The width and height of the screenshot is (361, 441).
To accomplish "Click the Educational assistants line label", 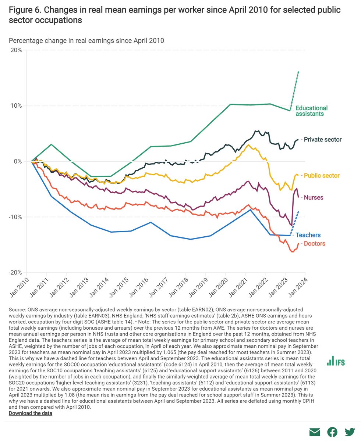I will pyautogui.click(x=311, y=111).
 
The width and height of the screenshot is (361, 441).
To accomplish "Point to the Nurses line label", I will pyautogui.click(x=314, y=198).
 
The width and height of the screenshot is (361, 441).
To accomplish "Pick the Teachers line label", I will pyautogui.click(x=308, y=235).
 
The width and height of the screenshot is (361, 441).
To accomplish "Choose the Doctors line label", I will pyautogui.click(x=314, y=244).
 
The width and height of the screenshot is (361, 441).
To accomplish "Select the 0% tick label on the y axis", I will pyautogui.click(x=18, y=161).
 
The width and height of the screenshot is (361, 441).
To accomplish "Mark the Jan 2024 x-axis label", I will pyautogui.click(x=297, y=289).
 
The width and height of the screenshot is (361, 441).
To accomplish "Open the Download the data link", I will pyautogui.click(x=31, y=413).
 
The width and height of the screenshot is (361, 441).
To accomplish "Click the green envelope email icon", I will pyautogui.click(x=315, y=433).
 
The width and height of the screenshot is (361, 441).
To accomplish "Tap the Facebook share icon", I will pyautogui.click(x=332, y=433).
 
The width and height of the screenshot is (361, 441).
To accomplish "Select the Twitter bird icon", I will pyautogui.click(x=350, y=433).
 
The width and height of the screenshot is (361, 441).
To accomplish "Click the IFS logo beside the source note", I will pyautogui.click(x=336, y=361).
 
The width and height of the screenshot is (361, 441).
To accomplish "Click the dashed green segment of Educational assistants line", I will pyautogui.click(x=295, y=90).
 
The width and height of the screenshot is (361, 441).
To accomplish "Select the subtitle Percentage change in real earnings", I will pyautogui.click(x=86, y=40).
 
